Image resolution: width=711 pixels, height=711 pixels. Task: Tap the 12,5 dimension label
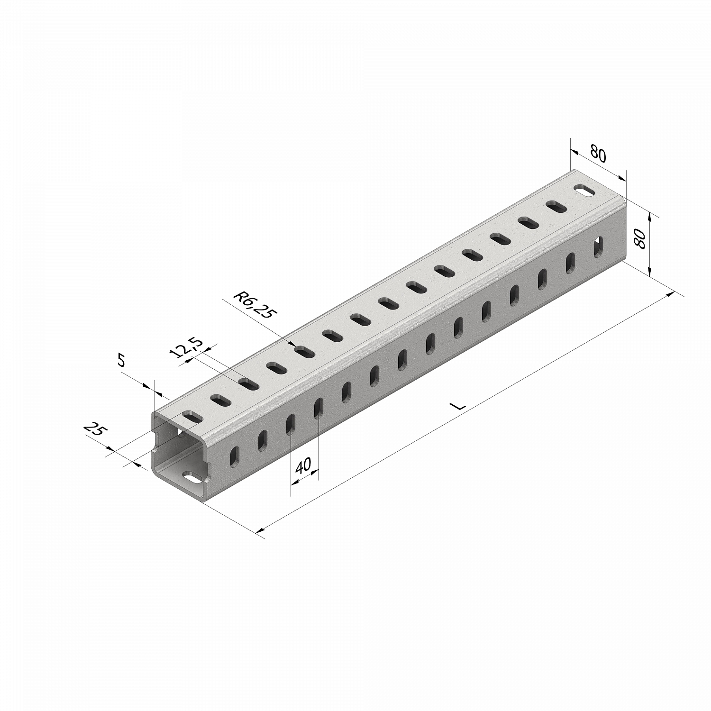[x=185, y=349]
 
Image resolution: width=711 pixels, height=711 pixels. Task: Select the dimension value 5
[x=121, y=361]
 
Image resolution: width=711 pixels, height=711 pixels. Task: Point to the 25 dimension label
[x=96, y=431]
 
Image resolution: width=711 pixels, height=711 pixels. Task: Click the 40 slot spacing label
[x=303, y=467]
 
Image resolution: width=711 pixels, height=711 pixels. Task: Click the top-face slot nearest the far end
[x=585, y=191]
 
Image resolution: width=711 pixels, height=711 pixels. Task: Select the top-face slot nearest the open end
[x=192, y=418]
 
